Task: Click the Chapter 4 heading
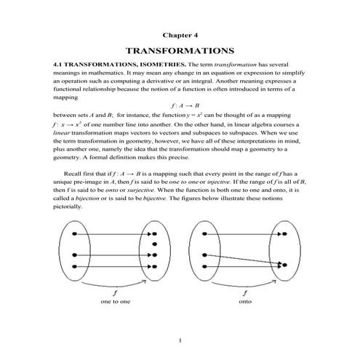[180, 35]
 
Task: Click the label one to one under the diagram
[114, 300]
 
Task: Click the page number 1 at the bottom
[180, 340]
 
